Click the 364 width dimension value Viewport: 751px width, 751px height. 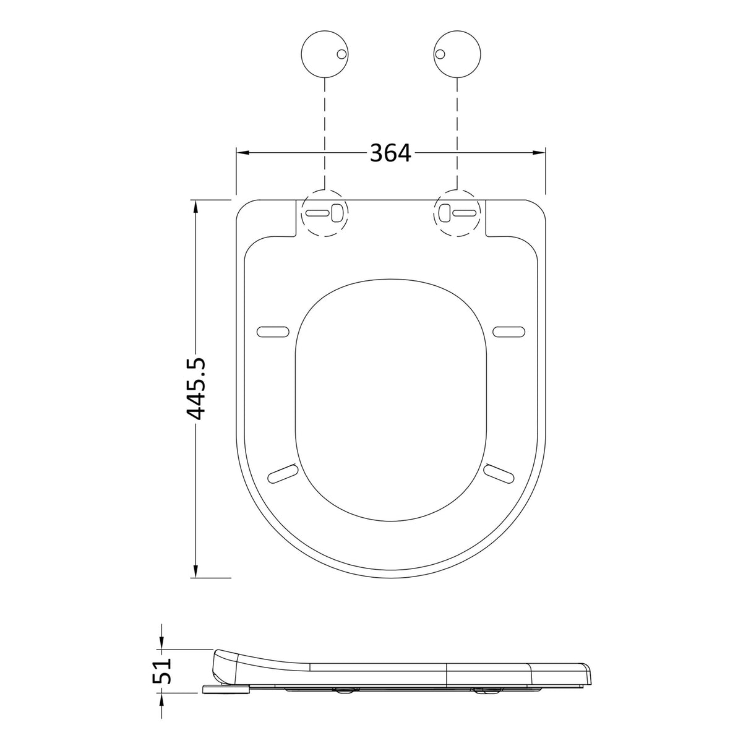(x=390, y=153)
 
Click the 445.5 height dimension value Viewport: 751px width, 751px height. (x=197, y=388)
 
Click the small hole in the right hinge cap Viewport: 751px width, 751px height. (x=441, y=55)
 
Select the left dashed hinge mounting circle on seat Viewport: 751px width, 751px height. (x=325, y=212)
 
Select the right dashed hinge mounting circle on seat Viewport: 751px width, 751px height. (x=458, y=212)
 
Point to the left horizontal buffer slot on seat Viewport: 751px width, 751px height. (x=273, y=332)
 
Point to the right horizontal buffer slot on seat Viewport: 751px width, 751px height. (x=509, y=332)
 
